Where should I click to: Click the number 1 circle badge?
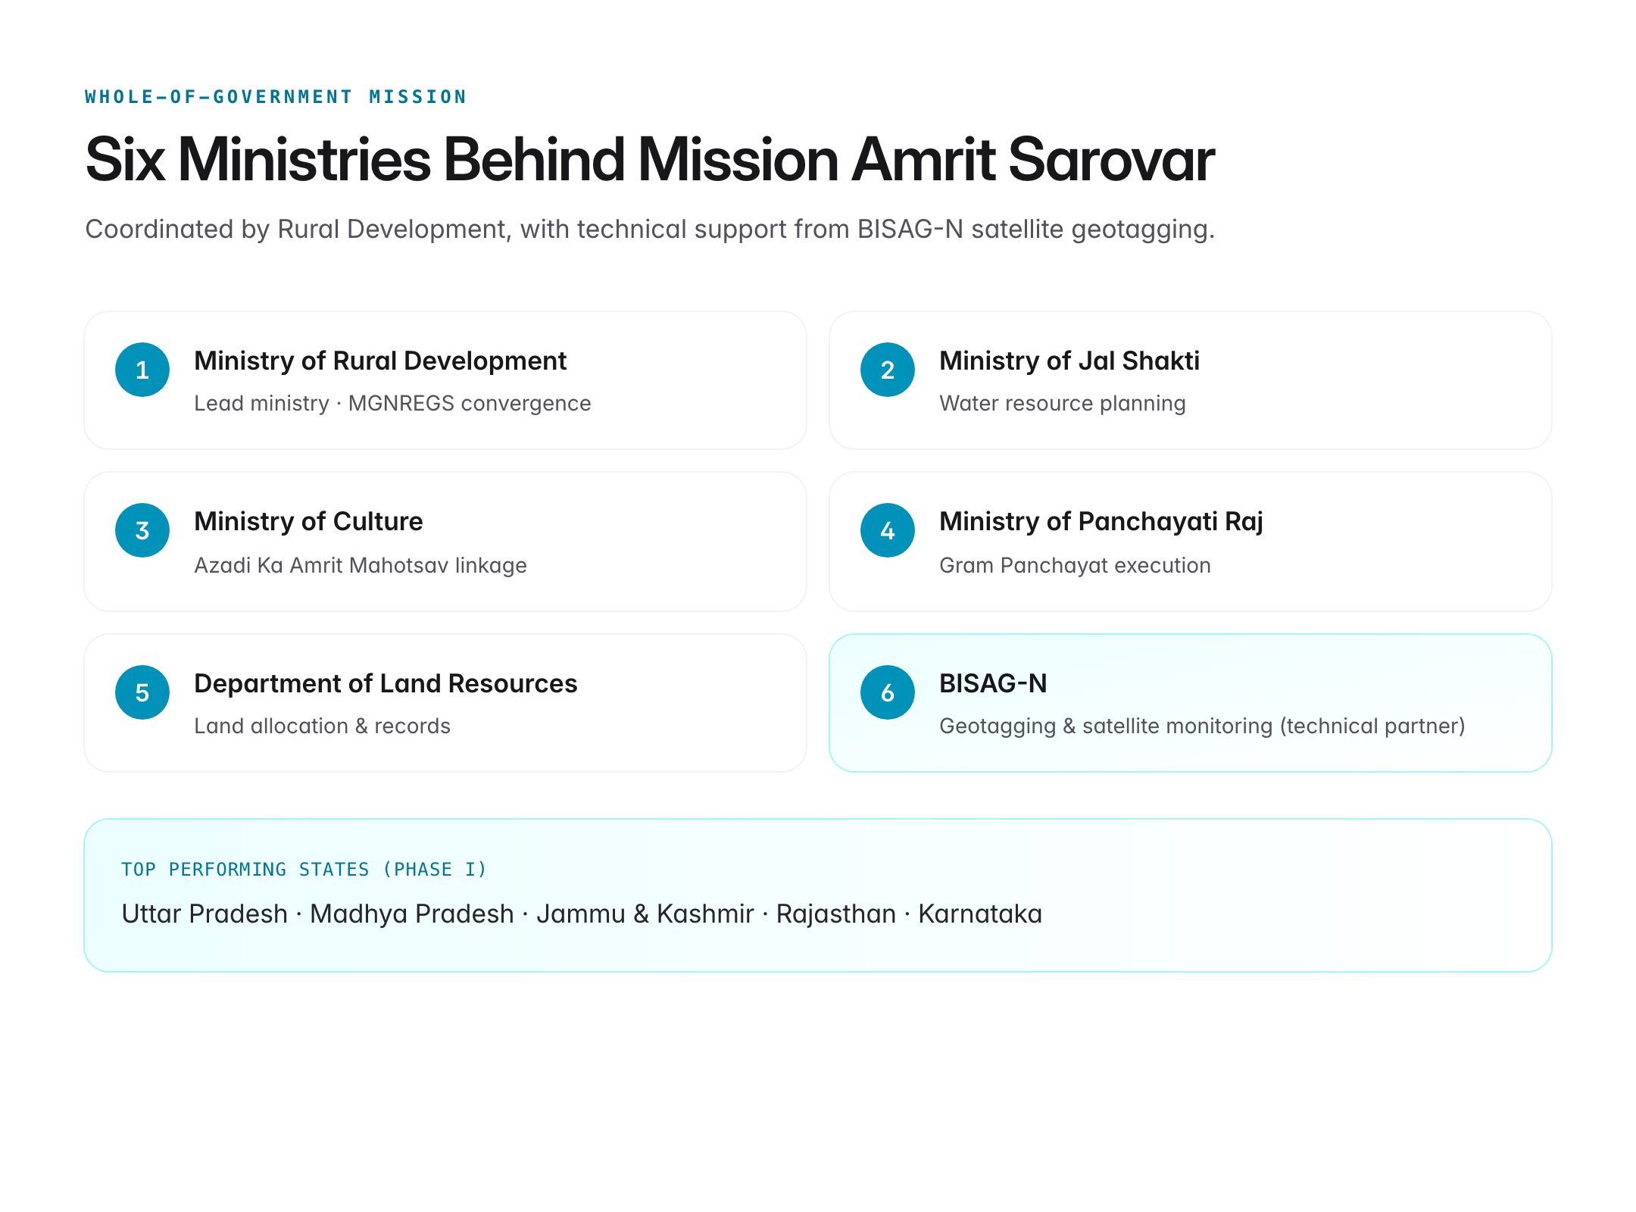coord(142,370)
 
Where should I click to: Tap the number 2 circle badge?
coord(888,370)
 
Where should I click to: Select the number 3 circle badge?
coord(142,530)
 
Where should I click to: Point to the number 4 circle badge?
coord(888,530)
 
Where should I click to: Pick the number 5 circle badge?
coord(142,692)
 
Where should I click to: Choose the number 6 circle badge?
coord(888,692)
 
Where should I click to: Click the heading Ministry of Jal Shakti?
coord(1069,361)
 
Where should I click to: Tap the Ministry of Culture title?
coord(308,521)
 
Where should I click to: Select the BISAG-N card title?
coord(992,683)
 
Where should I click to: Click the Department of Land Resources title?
coord(386,683)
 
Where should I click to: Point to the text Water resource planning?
coord(1062,403)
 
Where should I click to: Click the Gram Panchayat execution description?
coord(1074,565)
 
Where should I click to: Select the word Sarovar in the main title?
coord(1111,160)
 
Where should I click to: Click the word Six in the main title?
coord(125,160)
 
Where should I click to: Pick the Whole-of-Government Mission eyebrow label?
coord(276,97)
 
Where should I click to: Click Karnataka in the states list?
coord(980,914)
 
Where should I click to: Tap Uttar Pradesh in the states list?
coord(204,914)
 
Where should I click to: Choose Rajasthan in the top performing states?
coord(835,914)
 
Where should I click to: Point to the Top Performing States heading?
coord(304,869)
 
